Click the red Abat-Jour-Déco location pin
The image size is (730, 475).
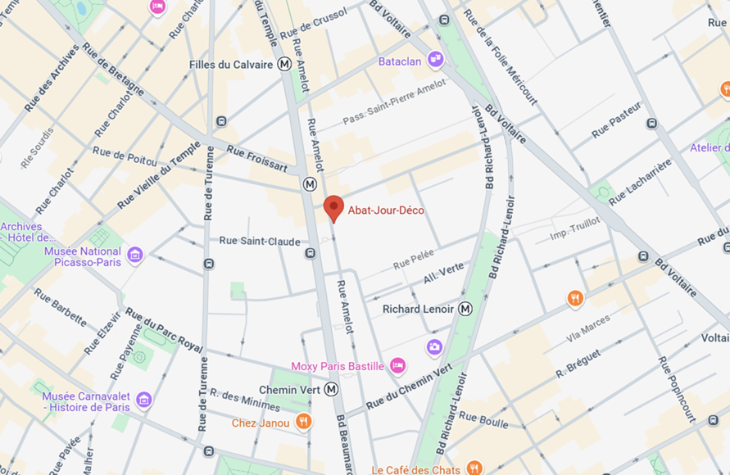tap(333, 207)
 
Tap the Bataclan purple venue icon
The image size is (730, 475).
tap(436, 59)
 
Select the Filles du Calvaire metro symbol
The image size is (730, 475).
tap(284, 64)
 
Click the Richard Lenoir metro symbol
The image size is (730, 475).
tap(465, 309)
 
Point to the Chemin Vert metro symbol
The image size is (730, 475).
tap(332, 390)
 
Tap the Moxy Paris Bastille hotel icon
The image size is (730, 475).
tap(397, 365)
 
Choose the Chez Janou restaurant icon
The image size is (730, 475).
tap(303, 422)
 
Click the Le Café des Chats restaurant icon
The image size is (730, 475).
tap(474, 468)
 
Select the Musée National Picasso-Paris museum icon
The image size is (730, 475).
tap(135, 256)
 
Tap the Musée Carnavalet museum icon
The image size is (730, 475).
tap(144, 400)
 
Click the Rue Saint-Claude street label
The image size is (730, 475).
tap(260, 241)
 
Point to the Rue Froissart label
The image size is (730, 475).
tap(257, 159)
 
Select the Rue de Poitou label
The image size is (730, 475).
tap(125, 156)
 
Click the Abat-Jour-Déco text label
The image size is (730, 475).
tap(386, 210)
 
